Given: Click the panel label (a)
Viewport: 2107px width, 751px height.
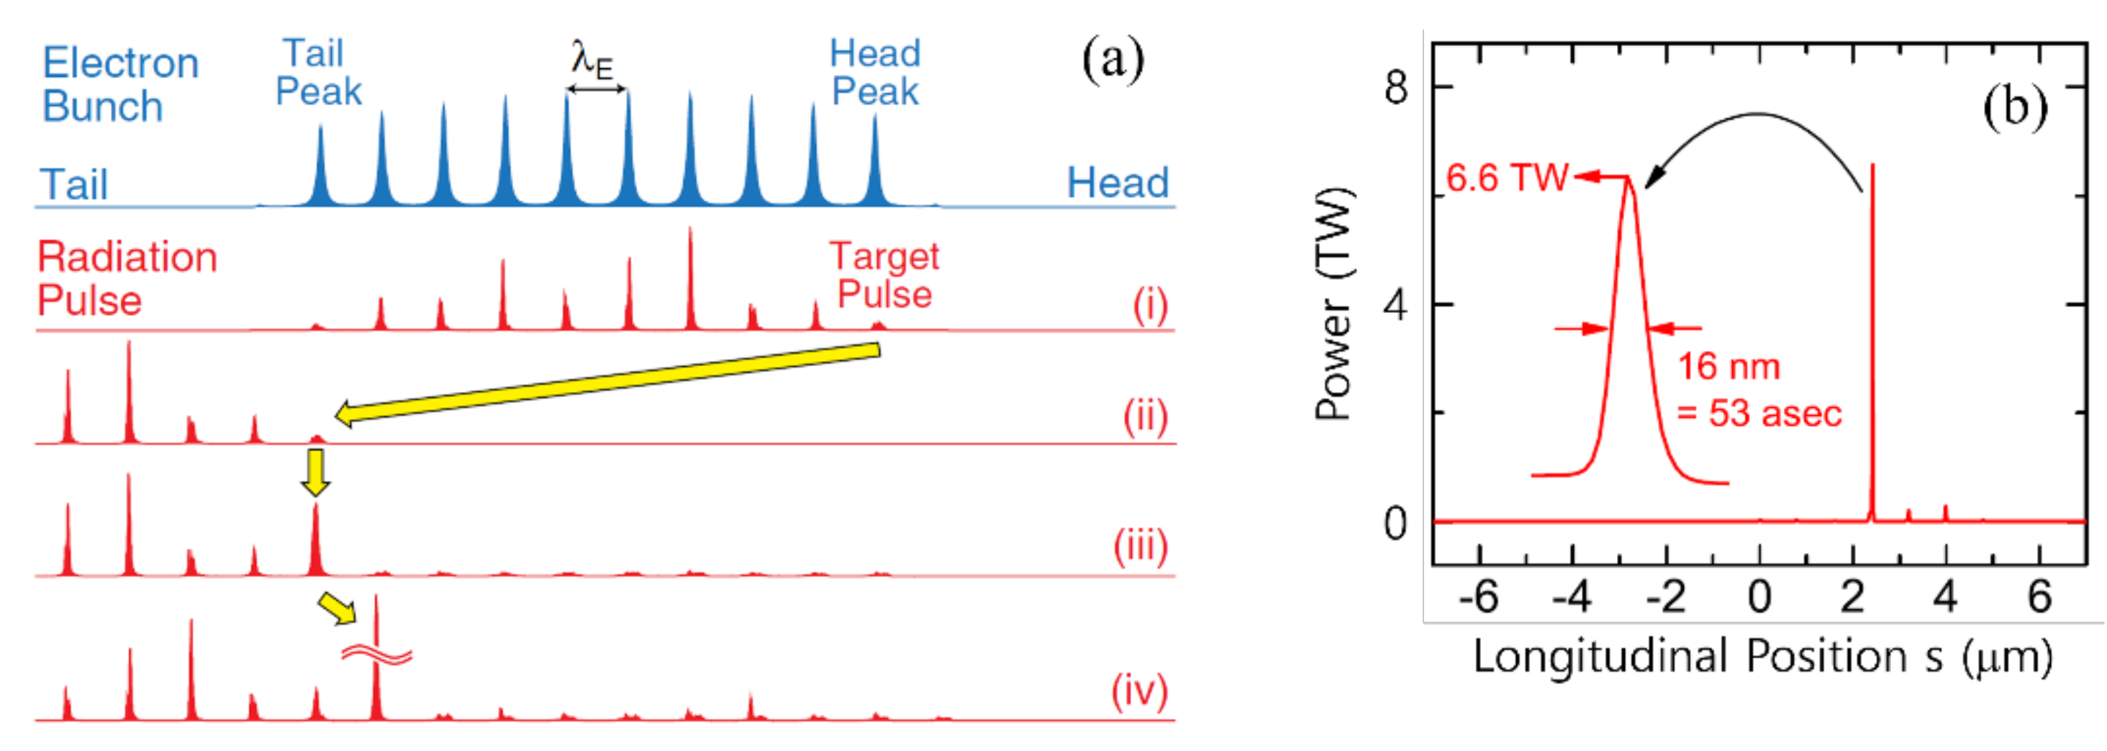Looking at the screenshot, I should pyautogui.click(x=1113, y=60).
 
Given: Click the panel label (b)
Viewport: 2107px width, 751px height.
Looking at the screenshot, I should pyautogui.click(x=2015, y=107).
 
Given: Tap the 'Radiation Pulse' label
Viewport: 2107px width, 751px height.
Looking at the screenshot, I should pyautogui.click(x=127, y=278).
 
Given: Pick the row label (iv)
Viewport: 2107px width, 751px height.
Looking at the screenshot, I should pyautogui.click(x=1139, y=691).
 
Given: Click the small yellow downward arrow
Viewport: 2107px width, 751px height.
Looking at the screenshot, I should pyautogui.click(x=316, y=473).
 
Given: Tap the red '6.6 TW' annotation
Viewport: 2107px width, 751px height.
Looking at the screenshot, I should pyautogui.click(x=1507, y=178).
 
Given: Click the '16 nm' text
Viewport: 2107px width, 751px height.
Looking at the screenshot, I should pyautogui.click(x=1728, y=366).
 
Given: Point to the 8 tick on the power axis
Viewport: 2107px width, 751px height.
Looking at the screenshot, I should pyautogui.click(x=1396, y=87).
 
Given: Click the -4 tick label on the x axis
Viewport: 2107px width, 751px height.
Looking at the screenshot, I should pyautogui.click(x=1571, y=597).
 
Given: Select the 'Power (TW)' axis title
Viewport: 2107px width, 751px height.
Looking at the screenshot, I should pyautogui.click(x=1333, y=304).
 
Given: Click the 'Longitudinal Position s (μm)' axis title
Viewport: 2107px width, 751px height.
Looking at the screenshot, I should pyautogui.click(x=1762, y=656).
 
